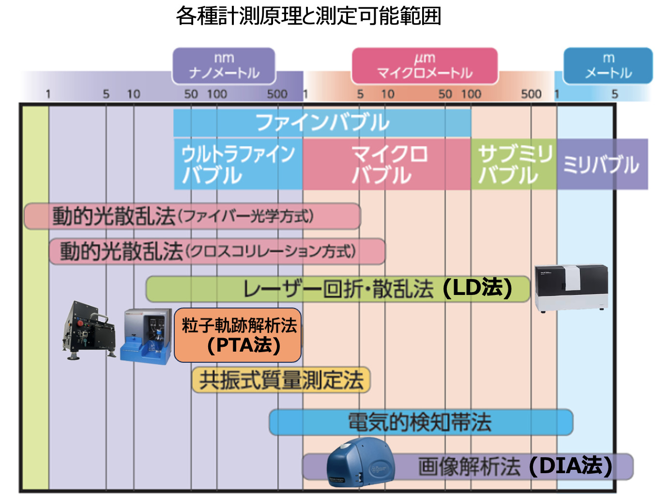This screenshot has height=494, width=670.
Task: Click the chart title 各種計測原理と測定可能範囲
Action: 308,16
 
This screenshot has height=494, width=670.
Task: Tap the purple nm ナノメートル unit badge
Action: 224,66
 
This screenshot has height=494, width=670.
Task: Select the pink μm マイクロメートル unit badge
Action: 425,66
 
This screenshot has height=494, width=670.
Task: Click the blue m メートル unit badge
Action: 608,66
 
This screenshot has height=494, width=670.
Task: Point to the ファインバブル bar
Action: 322,123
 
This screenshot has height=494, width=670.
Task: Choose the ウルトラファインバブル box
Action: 238,164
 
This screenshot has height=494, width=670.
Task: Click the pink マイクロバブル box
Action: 386,164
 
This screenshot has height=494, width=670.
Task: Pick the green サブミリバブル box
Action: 514,164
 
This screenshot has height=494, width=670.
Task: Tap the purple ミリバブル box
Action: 602,164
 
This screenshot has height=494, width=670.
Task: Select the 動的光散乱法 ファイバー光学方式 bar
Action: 192,216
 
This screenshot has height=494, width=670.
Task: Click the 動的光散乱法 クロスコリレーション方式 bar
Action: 217,251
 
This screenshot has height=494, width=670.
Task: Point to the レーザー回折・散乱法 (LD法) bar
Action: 337,289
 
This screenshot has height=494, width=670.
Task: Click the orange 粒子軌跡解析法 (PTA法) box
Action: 238,335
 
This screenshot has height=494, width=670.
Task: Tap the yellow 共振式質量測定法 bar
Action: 281,380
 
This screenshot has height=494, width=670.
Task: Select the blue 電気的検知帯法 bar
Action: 420,422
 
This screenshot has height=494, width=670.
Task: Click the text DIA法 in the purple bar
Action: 570,466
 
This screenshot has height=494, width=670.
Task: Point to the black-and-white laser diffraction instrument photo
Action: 571,288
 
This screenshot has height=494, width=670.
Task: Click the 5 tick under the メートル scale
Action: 614,94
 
